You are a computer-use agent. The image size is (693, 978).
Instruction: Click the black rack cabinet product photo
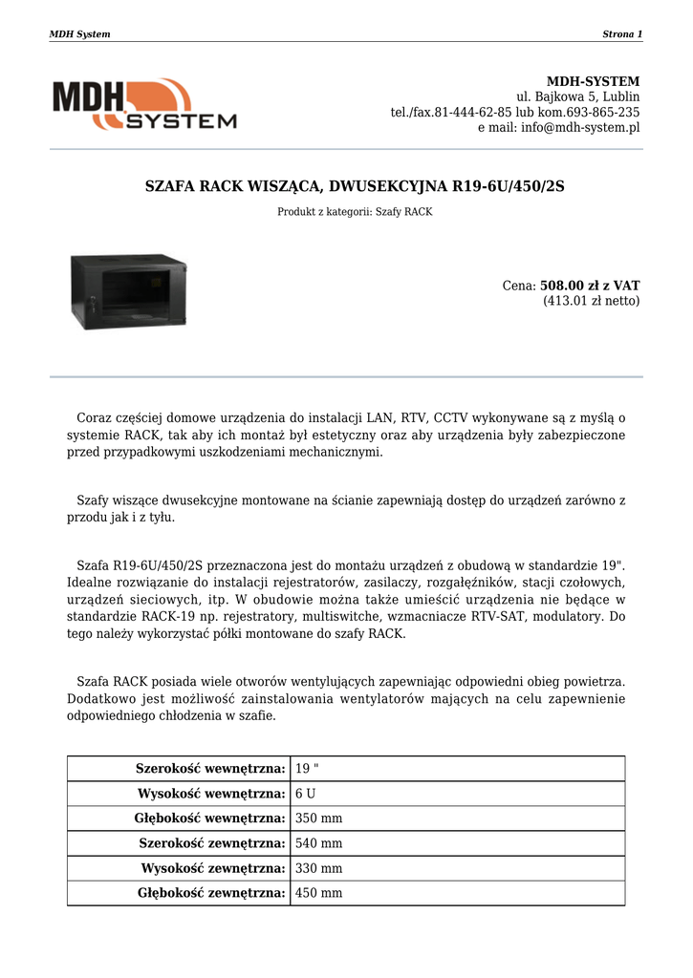coord(128,292)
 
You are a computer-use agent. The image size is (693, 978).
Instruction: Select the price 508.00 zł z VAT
coord(590,285)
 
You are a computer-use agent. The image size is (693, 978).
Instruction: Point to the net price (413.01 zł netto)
coord(592,301)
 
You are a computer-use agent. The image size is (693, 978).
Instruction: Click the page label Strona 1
coord(622,34)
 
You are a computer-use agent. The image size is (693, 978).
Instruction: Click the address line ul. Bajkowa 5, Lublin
coord(578,96)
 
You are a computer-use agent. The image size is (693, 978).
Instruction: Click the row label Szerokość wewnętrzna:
coord(211,769)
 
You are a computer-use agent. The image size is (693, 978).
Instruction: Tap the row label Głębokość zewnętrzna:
coord(211,893)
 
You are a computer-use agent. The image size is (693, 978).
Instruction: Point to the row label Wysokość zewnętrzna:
coord(213,868)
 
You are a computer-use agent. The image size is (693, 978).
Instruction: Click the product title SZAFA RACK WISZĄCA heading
coord(355,186)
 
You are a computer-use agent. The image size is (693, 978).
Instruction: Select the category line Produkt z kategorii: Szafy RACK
coord(355,212)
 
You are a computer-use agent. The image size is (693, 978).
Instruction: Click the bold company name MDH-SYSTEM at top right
coord(593,81)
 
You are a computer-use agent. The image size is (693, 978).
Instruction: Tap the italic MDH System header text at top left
coord(79,34)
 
